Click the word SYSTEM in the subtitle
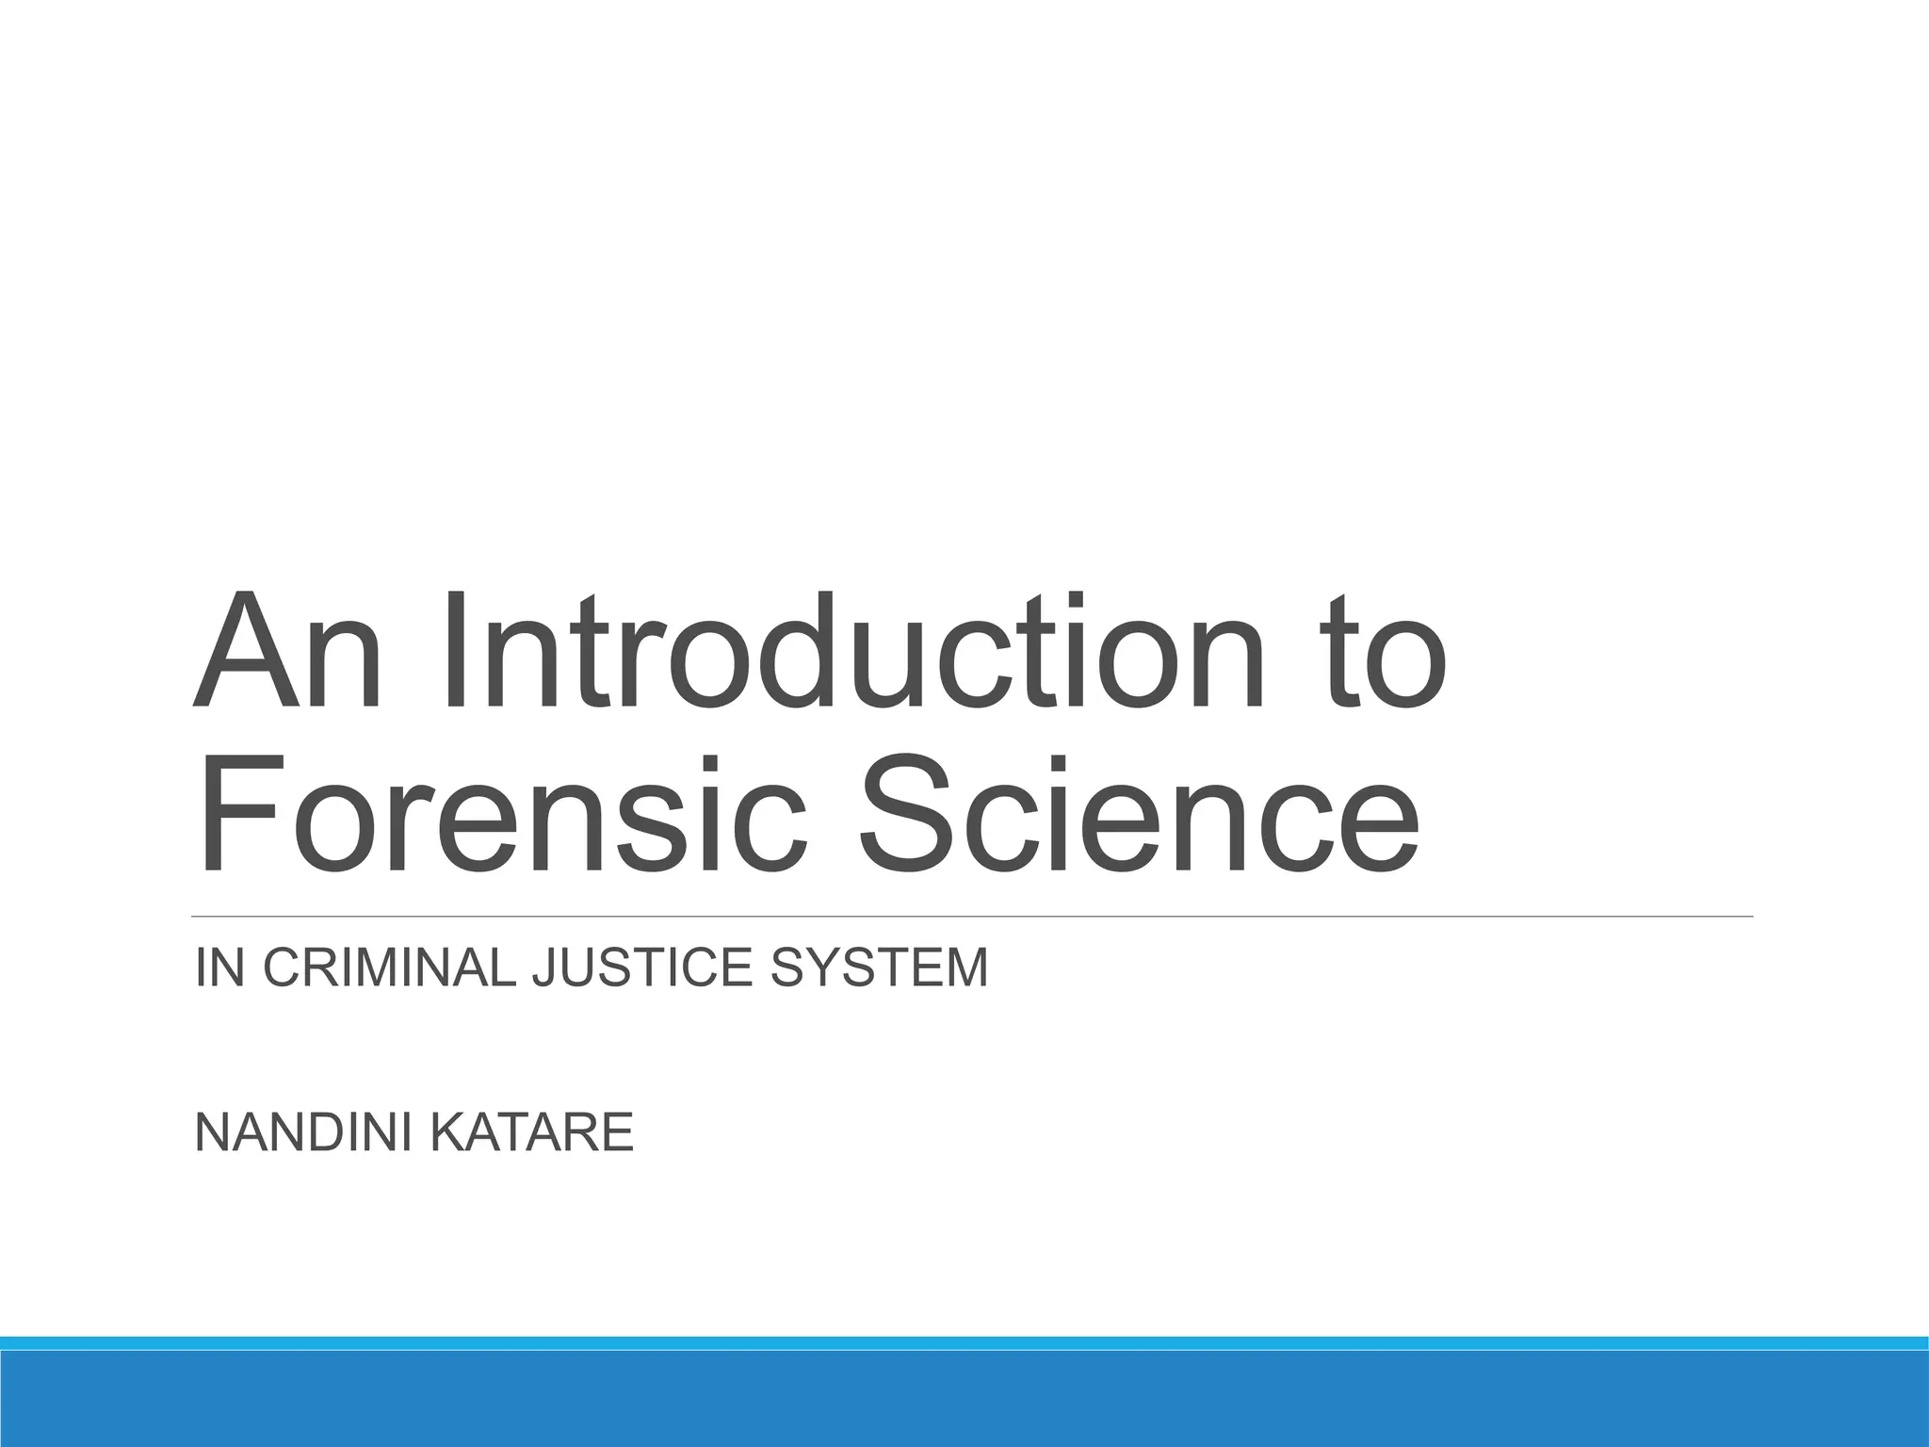click(880, 968)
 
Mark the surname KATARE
click(533, 1132)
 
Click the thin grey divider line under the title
click(970, 916)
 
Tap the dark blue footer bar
click(964, 1400)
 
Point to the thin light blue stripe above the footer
click(964, 1342)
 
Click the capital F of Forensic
click(231, 815)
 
